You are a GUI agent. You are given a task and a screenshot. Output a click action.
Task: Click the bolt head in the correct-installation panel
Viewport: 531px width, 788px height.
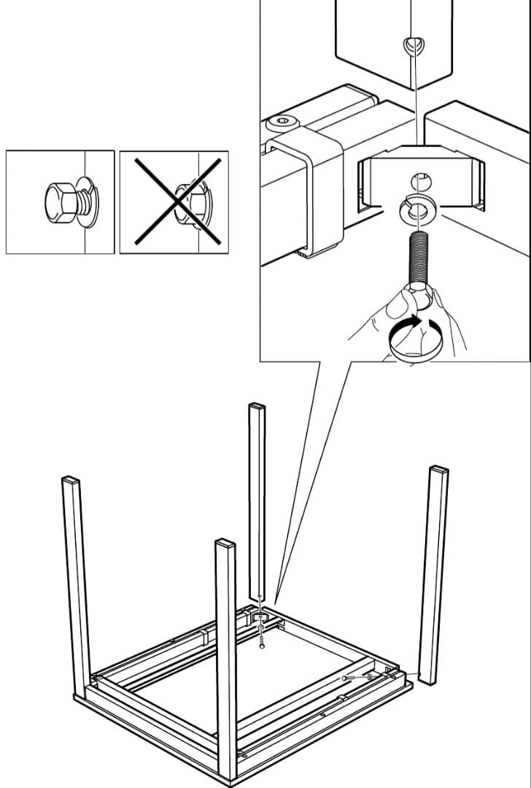point(58,201)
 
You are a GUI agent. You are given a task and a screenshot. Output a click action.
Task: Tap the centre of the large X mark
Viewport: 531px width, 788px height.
point(174,201)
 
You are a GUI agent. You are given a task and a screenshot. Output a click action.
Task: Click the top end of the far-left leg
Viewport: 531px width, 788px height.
point(70,481)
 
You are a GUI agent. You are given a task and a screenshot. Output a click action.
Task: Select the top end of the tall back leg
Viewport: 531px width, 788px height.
point(257,406)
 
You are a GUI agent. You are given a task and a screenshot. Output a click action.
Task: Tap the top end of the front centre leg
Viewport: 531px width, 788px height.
point(225,544)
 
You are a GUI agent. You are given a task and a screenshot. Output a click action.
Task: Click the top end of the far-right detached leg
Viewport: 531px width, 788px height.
point(439,470)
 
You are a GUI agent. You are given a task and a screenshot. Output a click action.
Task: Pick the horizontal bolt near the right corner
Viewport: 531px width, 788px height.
point(349,679)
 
